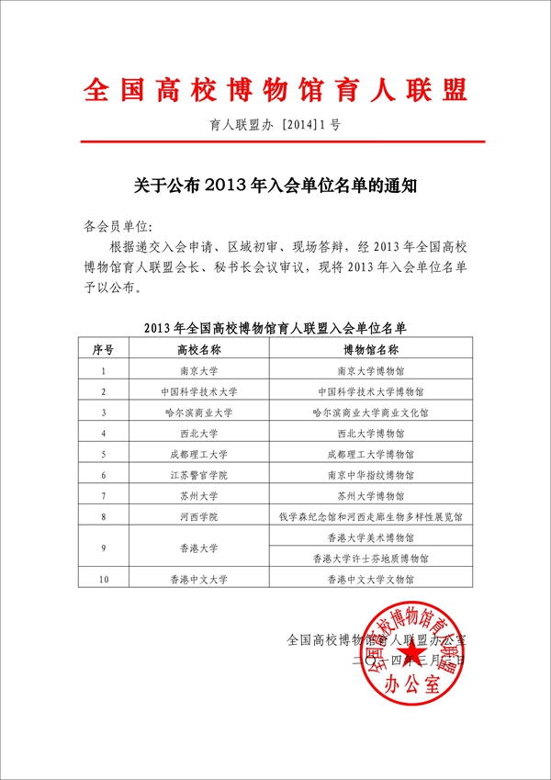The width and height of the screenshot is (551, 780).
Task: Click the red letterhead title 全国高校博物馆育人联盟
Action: coord(275,90)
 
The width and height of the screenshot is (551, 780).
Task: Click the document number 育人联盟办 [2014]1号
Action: coord(275,123)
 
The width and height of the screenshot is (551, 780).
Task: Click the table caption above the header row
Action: coord(275,326)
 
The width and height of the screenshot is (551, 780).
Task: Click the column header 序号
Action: coord(104,349)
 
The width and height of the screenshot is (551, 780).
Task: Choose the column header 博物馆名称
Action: coord(370,349)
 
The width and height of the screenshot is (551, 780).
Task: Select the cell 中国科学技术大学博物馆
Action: coord(370,392)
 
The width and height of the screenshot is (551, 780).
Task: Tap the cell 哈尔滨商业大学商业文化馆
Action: coord(370,413)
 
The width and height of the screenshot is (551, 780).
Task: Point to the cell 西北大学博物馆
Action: coord(370,434)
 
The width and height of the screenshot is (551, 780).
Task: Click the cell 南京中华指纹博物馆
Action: coord(370,475)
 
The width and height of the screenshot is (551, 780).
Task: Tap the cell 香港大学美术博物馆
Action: coord(370,537)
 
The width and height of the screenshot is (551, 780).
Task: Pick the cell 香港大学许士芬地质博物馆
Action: coord(370,558)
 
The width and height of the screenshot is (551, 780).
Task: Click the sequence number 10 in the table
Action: coord(104,579)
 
